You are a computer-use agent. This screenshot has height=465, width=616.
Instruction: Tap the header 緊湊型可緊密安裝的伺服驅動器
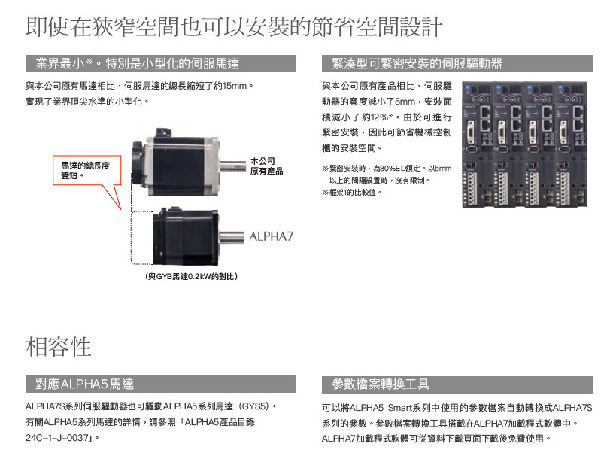click(417, 63)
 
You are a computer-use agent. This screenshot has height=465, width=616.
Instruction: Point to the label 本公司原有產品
click(266, 166)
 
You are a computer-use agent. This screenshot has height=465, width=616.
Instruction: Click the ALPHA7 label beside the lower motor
click(271, 236)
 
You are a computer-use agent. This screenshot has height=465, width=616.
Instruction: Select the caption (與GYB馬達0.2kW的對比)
click(191, 277)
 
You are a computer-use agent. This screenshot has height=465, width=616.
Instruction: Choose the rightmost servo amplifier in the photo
click(575, 143)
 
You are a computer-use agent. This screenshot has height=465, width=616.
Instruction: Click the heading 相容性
click(59, 347)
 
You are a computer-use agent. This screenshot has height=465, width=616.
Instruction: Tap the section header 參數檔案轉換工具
click(381, 384)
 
